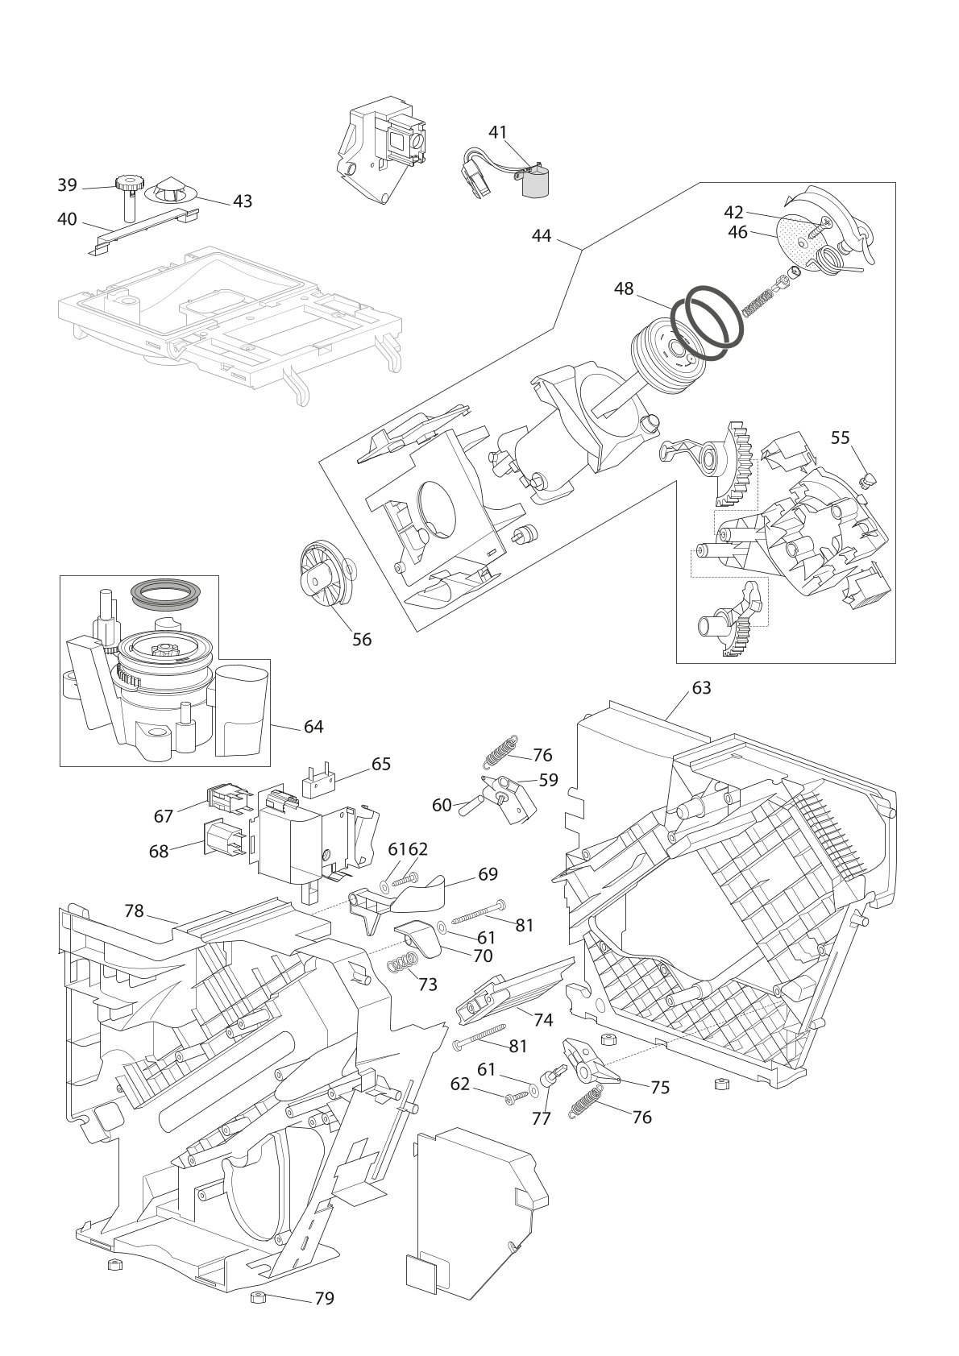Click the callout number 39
[67, 185]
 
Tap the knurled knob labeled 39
[130, 181]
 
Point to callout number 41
[498, 132]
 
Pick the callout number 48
[624, 288]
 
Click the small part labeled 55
[868, 481]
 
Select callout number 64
[313, 727]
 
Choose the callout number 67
[164, 817]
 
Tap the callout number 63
[701, 688]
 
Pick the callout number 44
[542, 235]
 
